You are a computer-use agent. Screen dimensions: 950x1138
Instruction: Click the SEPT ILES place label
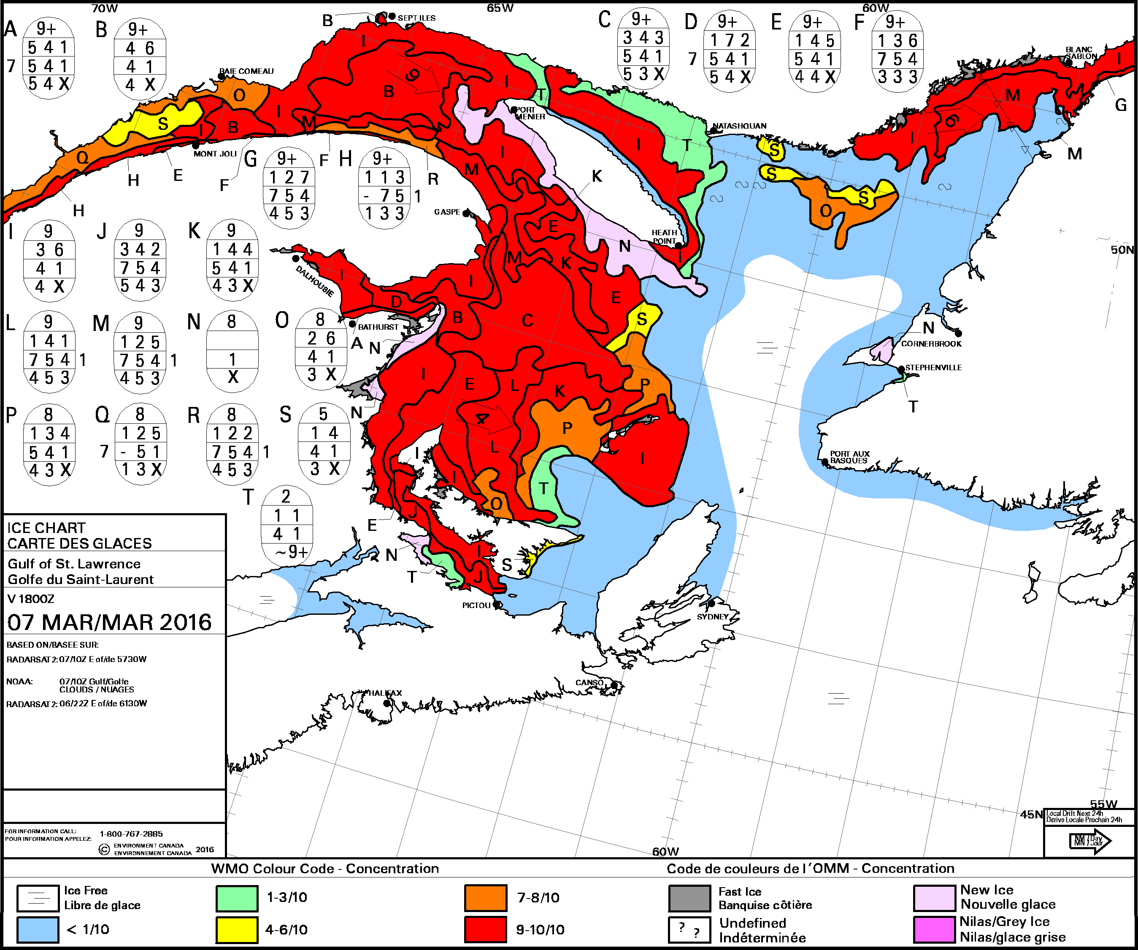click(x=416, y=18)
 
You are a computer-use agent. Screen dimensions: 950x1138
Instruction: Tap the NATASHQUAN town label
click(x=739, y=126)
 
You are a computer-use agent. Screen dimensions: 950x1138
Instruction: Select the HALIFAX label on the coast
click(x=385, y=693)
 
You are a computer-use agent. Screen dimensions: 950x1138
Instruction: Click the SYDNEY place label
click(x=713, y=616)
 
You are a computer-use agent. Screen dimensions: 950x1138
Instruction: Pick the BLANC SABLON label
click(x=1081, y=53)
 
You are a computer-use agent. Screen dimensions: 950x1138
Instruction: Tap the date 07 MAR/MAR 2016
click(x=109, y=622)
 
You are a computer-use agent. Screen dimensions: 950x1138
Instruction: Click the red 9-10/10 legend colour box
click(x=486, y=929)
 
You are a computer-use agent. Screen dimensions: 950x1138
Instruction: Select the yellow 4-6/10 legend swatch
click(x=237, y=929)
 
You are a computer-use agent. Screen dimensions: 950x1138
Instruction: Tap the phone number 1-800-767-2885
click(x=131, y=834)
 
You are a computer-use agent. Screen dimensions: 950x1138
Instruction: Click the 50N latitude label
click(x=1122, y=250)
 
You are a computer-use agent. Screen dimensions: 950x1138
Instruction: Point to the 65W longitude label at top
click(x=500, y=8)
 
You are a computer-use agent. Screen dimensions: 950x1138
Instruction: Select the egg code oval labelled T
click(x=287, y=524)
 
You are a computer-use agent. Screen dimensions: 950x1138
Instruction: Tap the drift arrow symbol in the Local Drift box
click(x=1089, y=841)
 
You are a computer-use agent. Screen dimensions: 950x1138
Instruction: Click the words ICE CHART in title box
click(x=46, y=527)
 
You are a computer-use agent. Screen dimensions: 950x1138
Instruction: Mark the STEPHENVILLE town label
click(x=933, y=367)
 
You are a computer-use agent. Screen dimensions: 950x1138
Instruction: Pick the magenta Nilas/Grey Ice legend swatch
click(x=934, y=929)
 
